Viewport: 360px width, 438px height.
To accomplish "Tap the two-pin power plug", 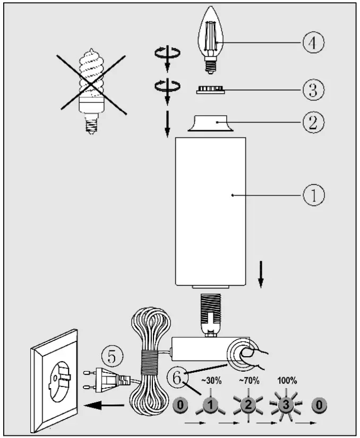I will [x=109, y=379].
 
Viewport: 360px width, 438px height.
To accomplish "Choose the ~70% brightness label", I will [x=248, y=380].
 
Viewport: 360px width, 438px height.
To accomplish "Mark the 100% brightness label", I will [x=287, y=380].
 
